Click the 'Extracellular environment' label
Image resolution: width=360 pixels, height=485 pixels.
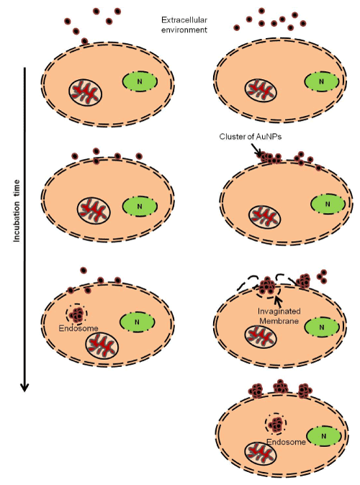coord(184,24)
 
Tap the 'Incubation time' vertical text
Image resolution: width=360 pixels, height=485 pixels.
coord(17,211)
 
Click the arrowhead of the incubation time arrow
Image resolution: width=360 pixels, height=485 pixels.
coord(24,387)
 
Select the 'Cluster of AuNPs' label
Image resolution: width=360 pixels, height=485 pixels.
coord(251,137)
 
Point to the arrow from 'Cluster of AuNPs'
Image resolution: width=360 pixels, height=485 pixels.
coord(256,150)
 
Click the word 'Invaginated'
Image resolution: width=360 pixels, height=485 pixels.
coord(279,311)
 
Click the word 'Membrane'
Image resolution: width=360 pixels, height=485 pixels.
coord(279,321)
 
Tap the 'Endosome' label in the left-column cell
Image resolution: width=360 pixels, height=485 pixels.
coord(78,328)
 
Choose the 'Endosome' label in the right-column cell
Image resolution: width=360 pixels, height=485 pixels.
coord(287,442)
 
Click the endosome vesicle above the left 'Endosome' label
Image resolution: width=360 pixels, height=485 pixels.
coord(76,314)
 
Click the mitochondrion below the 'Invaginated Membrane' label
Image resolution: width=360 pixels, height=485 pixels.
coord(261,337)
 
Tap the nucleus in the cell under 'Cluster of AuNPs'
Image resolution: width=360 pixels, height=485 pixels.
coord(328,204)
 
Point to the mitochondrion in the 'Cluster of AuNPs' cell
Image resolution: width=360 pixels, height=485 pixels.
coord(265,217)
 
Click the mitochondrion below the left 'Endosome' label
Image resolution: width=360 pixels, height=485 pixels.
coord(102,346)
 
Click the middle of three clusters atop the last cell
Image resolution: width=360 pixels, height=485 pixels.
coord(281,386)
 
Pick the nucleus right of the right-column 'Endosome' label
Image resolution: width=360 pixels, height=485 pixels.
coord(324,436)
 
